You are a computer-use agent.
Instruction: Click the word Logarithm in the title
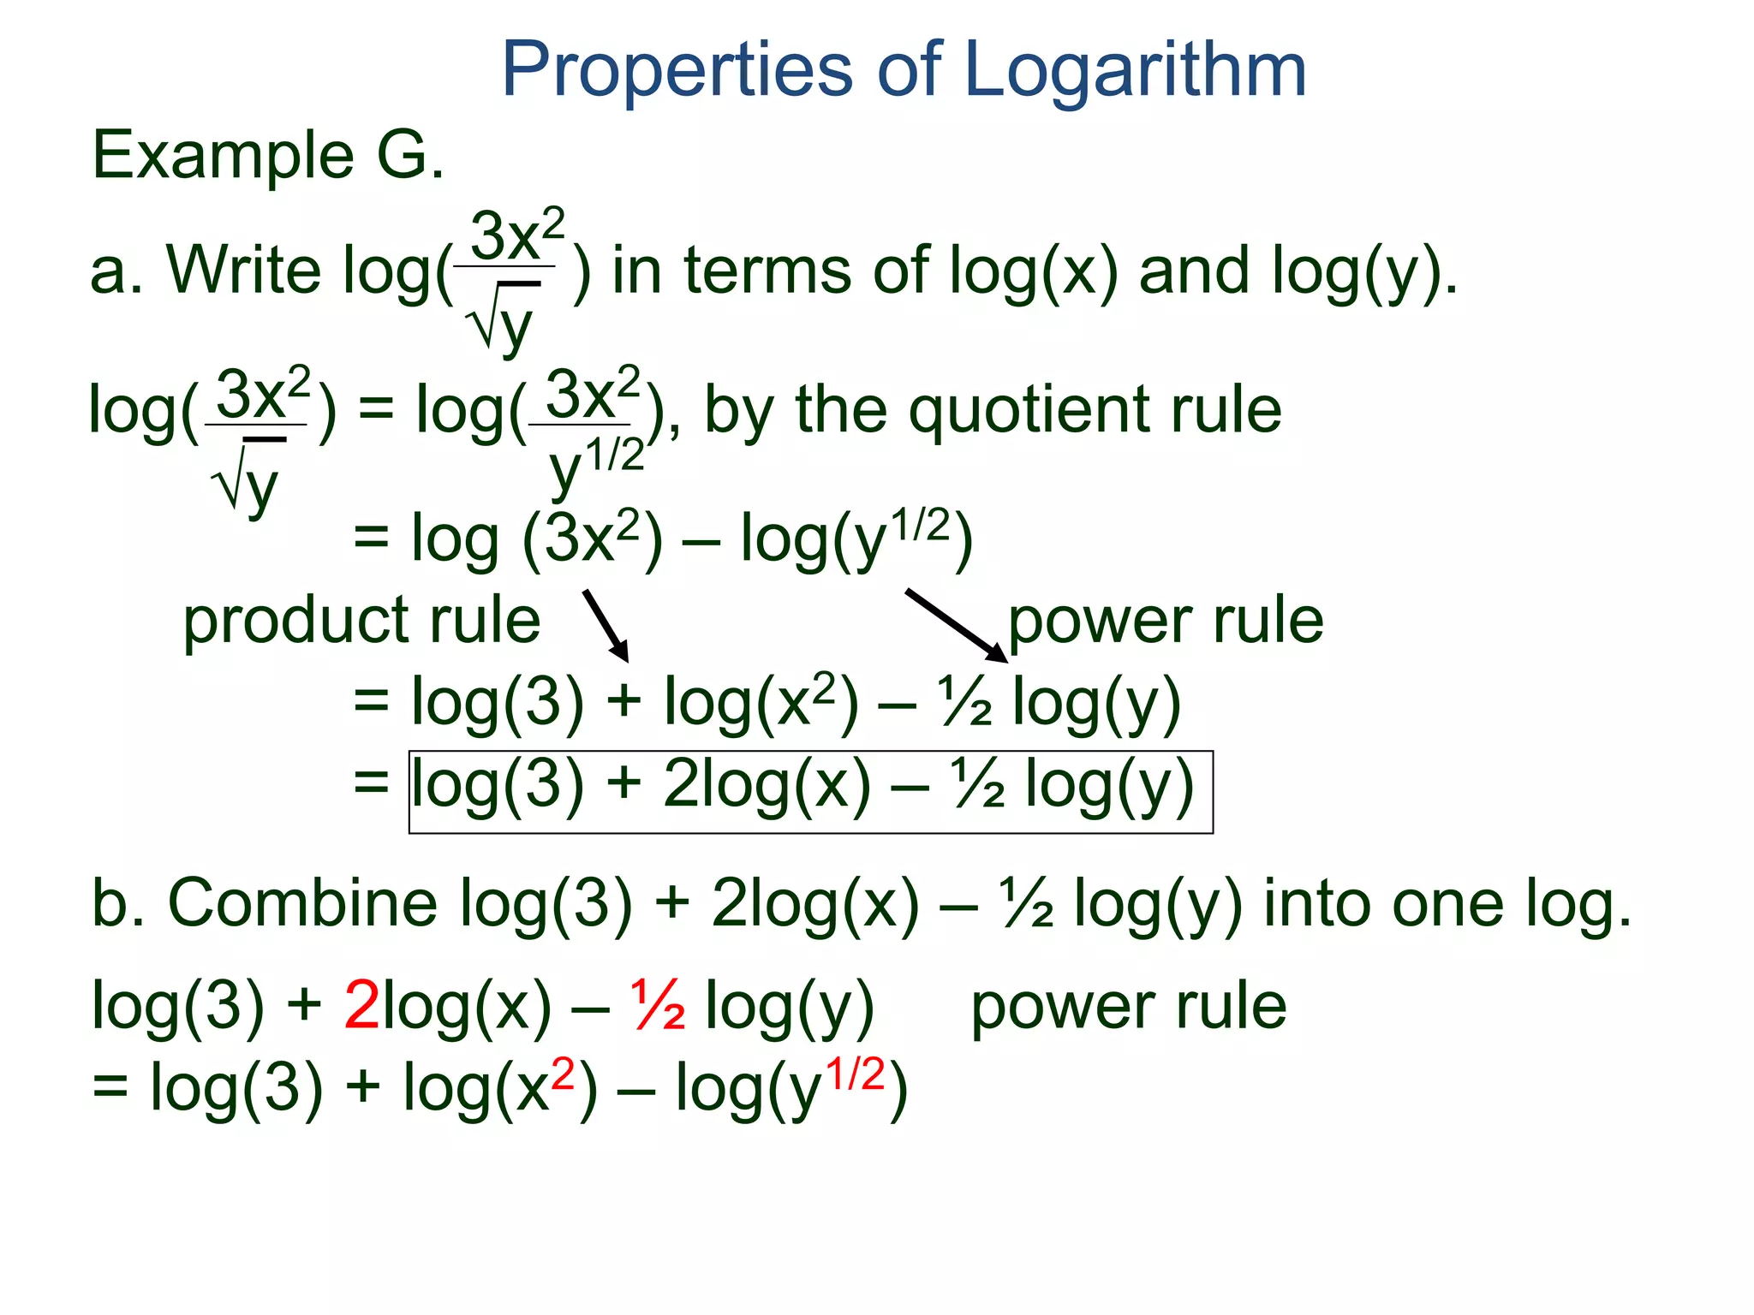click(1135, 71)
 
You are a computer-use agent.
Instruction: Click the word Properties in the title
click(677, 71)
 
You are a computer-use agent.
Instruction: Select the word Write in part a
click(243, 271)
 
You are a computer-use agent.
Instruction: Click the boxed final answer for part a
click(810, 791)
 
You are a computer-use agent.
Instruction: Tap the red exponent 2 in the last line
click(563, 1074)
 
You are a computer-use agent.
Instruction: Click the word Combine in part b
click(303, 904)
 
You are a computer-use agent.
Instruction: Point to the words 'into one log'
click(1447, 904)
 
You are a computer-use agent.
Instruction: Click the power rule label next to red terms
click(1128, 1007)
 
